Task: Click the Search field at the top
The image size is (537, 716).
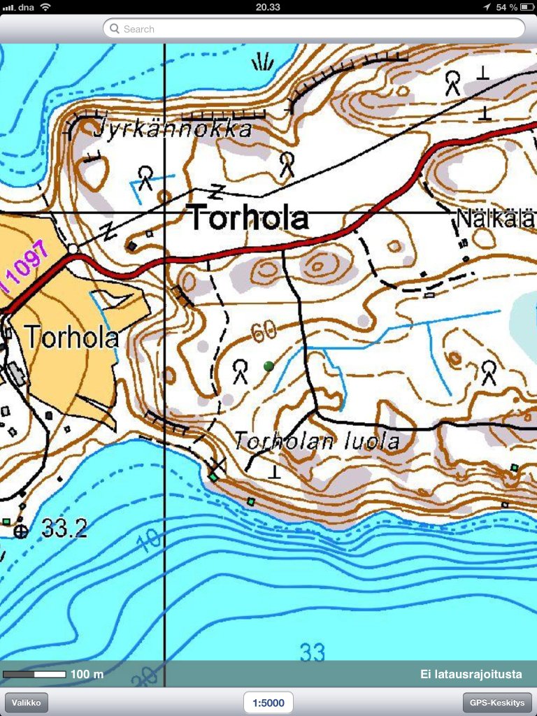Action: [x=313, y=29]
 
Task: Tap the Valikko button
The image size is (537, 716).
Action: [x=27, y=702]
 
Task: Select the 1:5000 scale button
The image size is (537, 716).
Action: [x=268, y=702]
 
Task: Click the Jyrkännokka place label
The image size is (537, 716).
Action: [x=171, y=129]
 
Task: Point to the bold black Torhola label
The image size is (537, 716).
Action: [x=249, y=218]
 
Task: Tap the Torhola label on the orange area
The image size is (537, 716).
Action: [x=71, y=338]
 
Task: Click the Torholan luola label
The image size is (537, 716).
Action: [x=317, y=441]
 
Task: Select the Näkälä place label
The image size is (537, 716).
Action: [x=495, y=219]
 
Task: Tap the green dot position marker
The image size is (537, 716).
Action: [x=268, y=366]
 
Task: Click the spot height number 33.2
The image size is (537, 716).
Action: [x=64, y=529]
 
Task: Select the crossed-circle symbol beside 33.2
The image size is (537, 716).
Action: [x=22, y=531]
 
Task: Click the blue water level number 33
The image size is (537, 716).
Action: [x=313, y=652]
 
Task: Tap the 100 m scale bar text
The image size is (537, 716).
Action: [x=87, y=674]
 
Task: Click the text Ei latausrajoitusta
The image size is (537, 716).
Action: [x=471, y=674]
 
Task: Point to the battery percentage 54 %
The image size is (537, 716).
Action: [x=506, y=7]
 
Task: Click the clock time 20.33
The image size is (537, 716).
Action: [x=268, y=7]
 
